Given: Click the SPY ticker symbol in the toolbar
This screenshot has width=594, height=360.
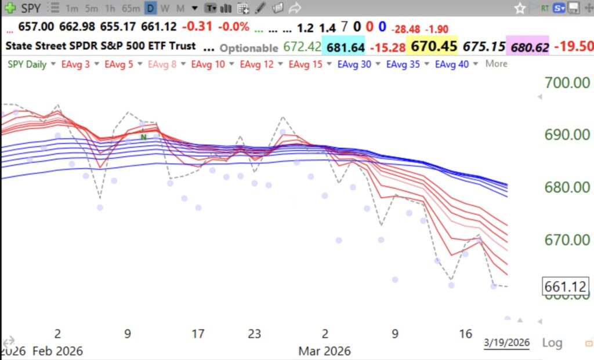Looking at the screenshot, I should click(31, 8).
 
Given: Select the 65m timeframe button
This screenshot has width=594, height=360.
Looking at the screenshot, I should click(132, 8).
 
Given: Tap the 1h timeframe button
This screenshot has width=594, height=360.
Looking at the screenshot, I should click(111, 8).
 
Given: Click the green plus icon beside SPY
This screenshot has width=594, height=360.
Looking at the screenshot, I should click(10, 8).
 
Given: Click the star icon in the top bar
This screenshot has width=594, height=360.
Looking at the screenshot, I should click(520, 8).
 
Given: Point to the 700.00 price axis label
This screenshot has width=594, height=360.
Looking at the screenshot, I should click(568, 82).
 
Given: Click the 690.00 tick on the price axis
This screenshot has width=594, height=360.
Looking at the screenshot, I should click(568, 134).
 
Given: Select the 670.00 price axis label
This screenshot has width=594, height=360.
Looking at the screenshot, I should click(568, 239).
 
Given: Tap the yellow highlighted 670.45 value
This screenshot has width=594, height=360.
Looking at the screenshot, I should click(433, 46).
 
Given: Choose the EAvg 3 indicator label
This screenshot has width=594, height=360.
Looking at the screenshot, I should click(75, 64).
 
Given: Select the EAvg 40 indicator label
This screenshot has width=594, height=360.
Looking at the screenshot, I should click(452, 64).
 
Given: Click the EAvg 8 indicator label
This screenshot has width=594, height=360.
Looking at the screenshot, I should click(162, 64).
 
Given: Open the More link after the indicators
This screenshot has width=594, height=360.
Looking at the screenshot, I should click(496, 64).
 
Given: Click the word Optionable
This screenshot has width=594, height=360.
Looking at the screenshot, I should click(249, 48).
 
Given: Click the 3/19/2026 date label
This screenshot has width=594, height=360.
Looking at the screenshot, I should click(506, 343).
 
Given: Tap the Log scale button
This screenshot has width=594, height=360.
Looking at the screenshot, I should click(552, 343).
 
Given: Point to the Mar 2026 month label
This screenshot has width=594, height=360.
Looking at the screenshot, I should click(324, 351).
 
